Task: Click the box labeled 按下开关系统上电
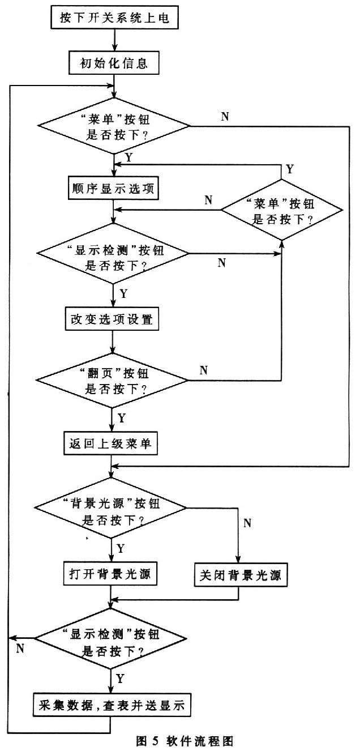[x=114, y=18]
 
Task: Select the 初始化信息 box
[x=114, y=63]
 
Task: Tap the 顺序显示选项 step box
[x=113, y=188]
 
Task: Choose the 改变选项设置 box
[x=112, y=318]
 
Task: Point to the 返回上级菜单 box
[x=110, y=443]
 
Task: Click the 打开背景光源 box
[x=110, y=574]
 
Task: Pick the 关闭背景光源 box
[x=241, y=575]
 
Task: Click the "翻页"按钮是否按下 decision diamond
[x=112, y=381]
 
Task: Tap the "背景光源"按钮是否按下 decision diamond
[x=110, y=507]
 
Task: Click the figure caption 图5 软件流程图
[x=185, y=741]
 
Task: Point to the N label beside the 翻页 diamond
[x=203, y=370]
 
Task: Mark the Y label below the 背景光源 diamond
[x=121, y=548]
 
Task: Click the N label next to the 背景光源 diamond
[x=247, y=523]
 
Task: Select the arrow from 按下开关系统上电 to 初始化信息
[x=114, y=40]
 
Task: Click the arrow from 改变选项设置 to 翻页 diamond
[x=112, y=342]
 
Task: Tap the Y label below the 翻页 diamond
[x=121, y=418]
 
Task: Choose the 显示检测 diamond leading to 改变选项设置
[x=113, y=254]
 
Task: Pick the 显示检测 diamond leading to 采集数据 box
[x=110, y=638]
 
